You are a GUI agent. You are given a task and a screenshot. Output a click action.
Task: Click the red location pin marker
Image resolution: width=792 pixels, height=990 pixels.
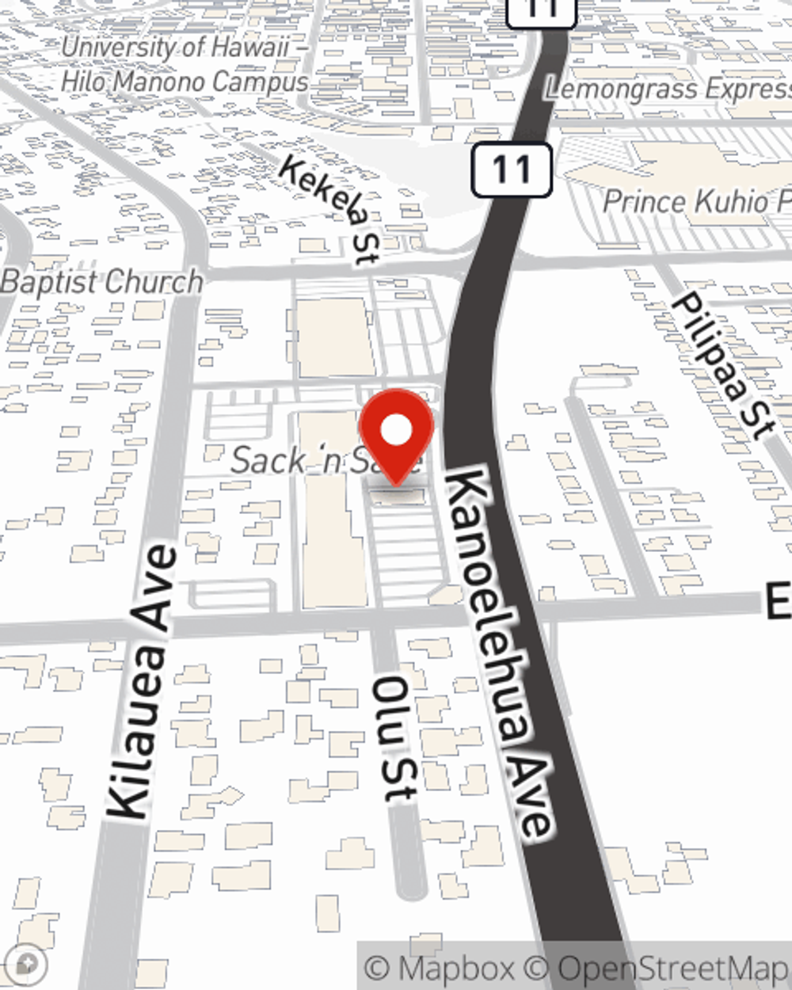pyautogui.click(x=396, y=436)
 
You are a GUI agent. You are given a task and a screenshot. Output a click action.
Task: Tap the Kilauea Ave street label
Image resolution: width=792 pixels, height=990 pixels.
pyautogui.click(x=141, y=682)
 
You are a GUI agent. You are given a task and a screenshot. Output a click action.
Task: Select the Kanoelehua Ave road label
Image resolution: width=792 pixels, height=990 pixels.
pyautogui.click(x=497, y=653)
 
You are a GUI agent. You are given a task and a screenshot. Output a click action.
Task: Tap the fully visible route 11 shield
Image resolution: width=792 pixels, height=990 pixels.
pyautogui.click(x=512, y=169)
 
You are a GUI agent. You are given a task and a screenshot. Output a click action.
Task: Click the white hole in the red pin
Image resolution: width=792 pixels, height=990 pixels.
pyautogui.click(x=396, y=431)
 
